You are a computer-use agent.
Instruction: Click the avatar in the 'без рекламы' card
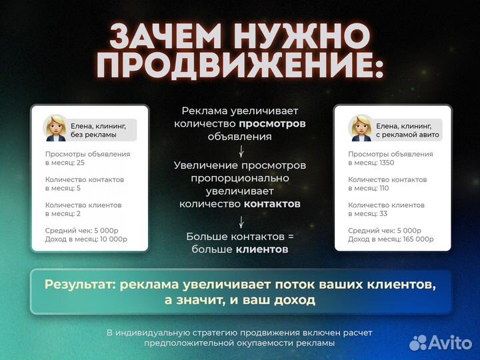55,129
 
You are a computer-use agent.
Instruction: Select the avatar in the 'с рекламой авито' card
360,129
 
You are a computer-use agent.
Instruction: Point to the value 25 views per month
81,163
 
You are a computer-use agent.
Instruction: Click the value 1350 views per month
388,163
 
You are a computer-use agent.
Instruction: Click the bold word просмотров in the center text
272,123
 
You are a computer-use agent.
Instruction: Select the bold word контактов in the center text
272,204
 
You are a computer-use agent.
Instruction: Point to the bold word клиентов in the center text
262,249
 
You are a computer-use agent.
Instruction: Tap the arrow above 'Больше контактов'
240,222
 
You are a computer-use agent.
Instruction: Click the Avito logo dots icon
418,343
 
